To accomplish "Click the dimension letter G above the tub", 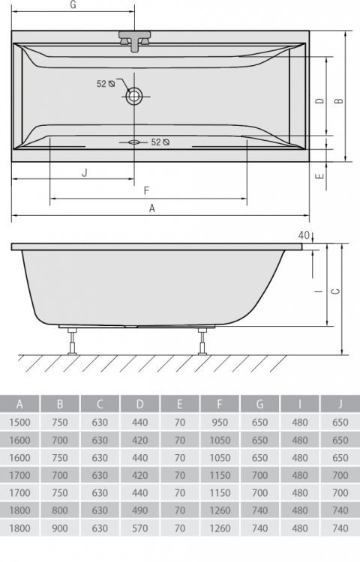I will pyautogui.click(x=73, y=5).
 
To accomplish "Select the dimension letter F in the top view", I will pyautogui.click(x=146, y=190).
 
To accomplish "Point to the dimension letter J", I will pyautogui.click(x=85, y=172).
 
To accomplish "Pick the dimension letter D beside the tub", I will pyautogui.click(x=319, y=101).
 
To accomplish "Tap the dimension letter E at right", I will pyautogui.click(x=319, y=176).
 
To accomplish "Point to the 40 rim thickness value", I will pyautogui.click(x=303, y=235).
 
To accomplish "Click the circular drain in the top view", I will pyautogui.click(x=134, y=95).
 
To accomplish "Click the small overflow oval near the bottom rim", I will pyautogui.click(x=134, y=141).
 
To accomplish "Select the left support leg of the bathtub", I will pyautogui.click(x=72, y=341).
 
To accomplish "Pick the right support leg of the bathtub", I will pyautogui.click(x=202, y=341).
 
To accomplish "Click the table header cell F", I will pyautogui.click(x=220, y=404).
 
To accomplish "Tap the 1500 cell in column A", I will pyautogui.click(x=19, y=422).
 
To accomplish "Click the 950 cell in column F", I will pyautogui.click(x=220, y=422).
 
